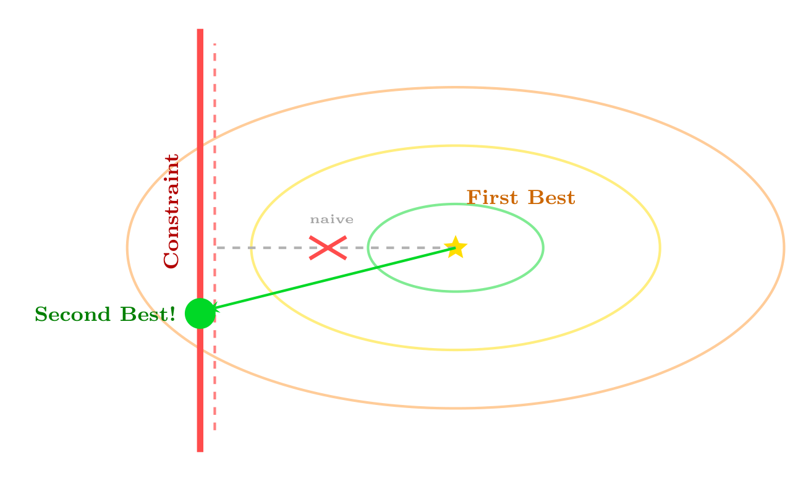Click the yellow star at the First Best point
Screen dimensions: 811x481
click(456, 247)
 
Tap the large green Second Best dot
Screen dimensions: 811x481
click(200, 313)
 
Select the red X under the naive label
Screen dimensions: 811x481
click(328, 248)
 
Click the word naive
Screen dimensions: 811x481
click(332, 219)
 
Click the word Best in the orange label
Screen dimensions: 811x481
click(551, 198)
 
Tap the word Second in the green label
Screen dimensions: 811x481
click(72, 314)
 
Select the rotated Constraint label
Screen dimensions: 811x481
click(171, 211)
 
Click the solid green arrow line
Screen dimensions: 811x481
click(333, 279)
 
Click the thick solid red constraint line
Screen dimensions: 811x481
click(200, 240)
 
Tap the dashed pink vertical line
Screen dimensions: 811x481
click(214, 237)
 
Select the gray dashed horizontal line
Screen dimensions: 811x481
click(336, 248)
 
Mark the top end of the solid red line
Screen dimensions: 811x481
click(200, 29)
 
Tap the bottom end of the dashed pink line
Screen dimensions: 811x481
click(214, 430)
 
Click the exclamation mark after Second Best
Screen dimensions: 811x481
click(172, 313)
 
